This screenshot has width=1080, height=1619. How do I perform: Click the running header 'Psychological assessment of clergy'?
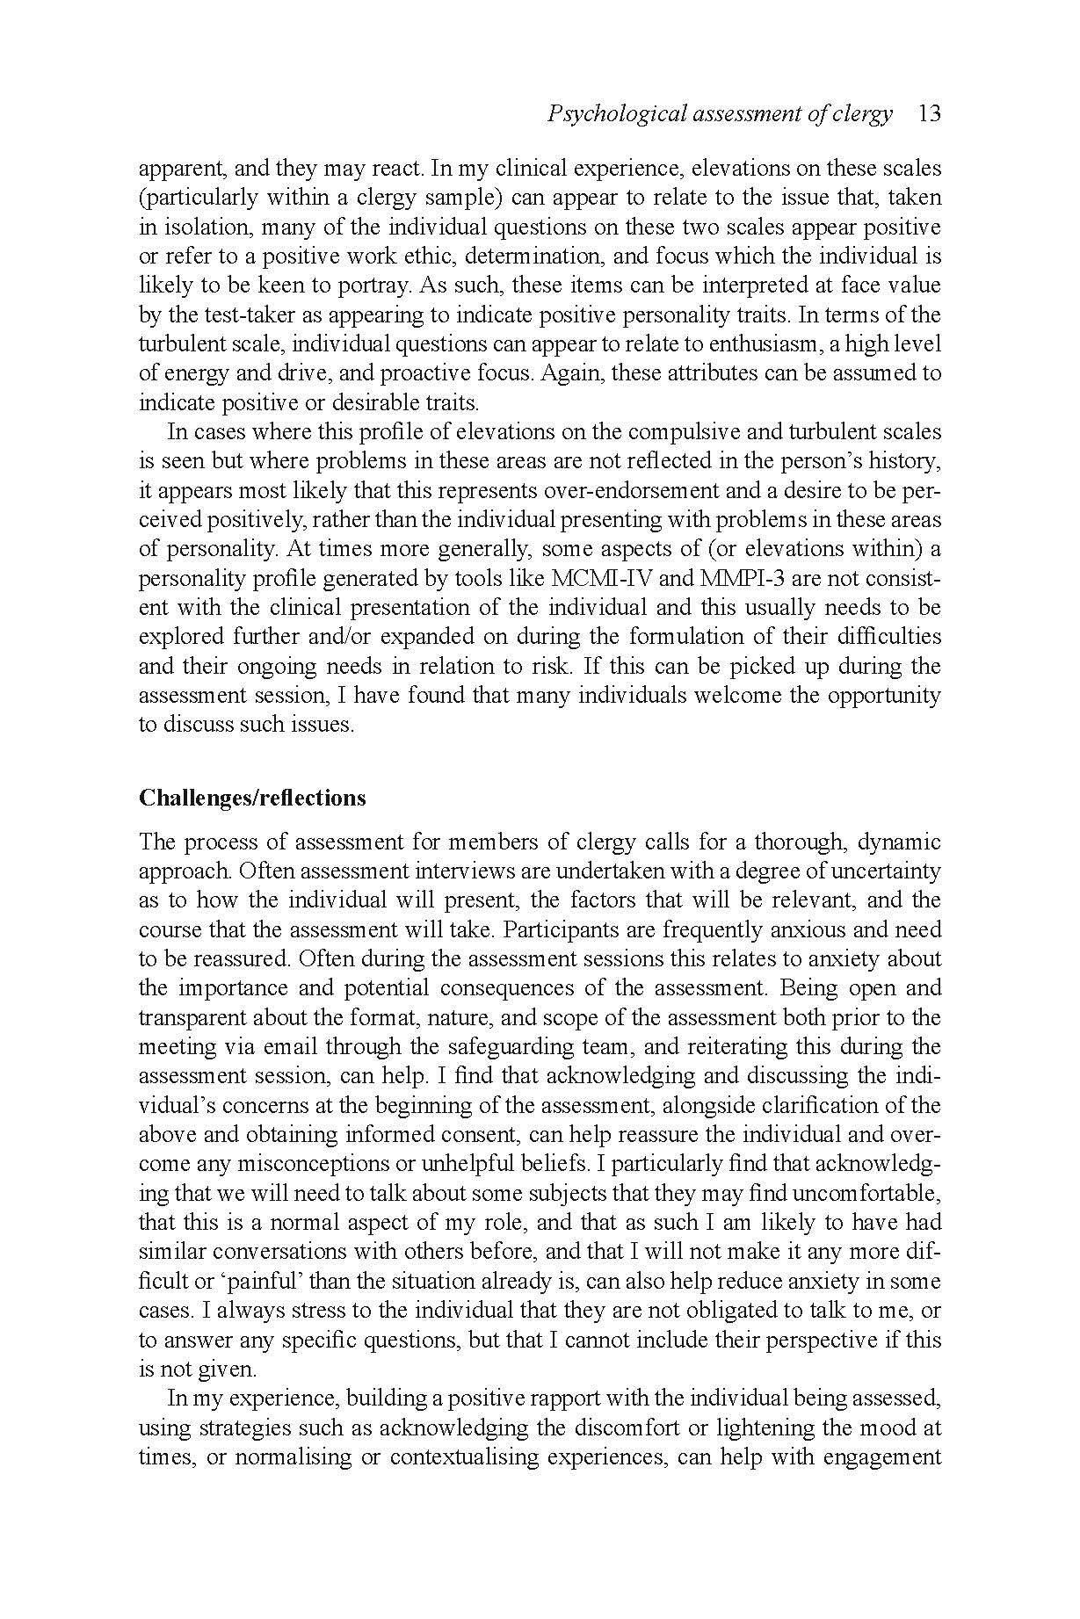click(x=719, y=113)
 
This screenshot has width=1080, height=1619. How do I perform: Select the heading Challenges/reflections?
click(x=252, y=798)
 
